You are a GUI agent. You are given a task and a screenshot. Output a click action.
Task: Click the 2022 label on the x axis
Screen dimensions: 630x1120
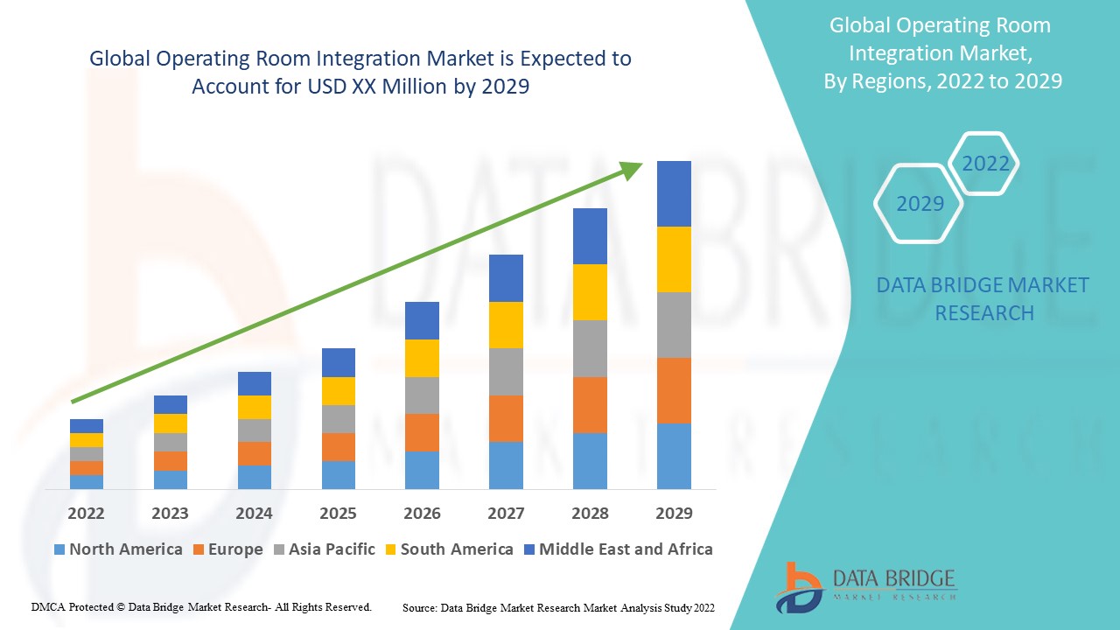click(x=86, y=514)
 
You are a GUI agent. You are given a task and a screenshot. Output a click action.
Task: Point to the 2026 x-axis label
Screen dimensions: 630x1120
click(x=422, y=514)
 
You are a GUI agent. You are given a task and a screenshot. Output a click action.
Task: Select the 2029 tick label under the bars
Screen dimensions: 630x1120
click(x=674, y=514)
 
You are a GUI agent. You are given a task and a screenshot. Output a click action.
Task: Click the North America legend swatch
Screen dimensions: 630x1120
click(x=59, y=549)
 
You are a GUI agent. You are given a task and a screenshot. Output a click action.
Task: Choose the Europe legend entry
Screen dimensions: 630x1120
click(x=226, y=549)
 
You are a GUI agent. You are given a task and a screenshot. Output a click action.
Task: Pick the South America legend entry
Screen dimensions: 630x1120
click(x=448, y=549)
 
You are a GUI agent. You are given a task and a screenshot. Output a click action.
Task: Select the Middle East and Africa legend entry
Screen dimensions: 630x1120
click(x=617, y=549)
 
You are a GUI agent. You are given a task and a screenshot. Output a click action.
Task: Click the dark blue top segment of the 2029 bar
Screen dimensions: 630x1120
click(x=674, y=193)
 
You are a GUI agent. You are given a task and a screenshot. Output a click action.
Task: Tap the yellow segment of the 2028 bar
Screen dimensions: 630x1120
click(x=590, y=291)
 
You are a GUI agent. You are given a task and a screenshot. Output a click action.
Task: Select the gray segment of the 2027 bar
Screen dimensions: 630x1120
click(x=506, y=372)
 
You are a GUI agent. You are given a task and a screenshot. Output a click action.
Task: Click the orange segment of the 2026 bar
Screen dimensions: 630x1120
click(x=422, y=432)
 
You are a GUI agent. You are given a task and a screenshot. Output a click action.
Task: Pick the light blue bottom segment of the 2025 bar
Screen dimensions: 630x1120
click(x=338, y=474)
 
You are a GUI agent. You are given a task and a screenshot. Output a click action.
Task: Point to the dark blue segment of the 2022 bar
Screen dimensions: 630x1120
click(x=86, y=426)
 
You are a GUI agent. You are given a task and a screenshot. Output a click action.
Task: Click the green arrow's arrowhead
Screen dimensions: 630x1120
click(x=632, y=169)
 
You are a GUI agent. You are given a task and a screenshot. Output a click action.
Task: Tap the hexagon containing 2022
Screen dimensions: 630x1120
click(x=985, y=164)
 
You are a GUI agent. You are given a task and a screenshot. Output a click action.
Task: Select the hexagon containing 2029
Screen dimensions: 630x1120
click(x=919, y=204)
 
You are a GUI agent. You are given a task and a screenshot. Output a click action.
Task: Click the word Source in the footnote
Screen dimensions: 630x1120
click(x=420, y=607)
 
